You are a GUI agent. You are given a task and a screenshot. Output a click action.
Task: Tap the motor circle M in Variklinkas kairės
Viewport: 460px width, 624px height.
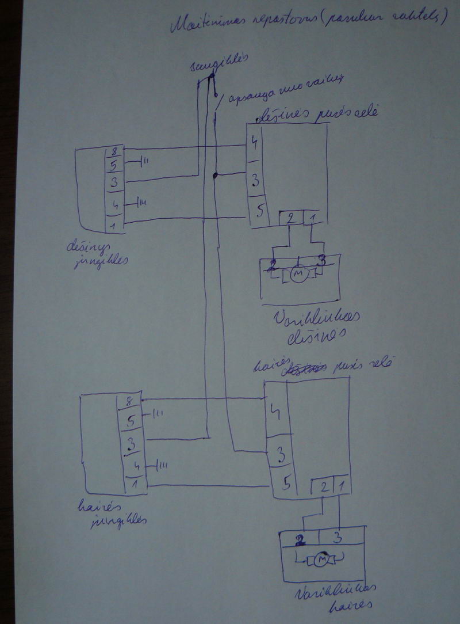click(323, 559)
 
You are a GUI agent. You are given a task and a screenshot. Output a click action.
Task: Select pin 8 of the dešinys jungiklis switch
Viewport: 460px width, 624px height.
click(114, 153)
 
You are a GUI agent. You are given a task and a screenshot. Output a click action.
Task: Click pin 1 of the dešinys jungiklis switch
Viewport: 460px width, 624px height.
click(114, 225)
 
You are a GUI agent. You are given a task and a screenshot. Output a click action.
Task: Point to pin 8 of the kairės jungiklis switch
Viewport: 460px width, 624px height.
click(129, 401)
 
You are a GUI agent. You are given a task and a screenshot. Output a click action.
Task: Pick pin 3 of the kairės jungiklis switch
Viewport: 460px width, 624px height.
click(131, 444)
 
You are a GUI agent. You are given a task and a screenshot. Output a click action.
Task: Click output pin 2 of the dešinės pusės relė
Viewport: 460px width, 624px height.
click(290, 218)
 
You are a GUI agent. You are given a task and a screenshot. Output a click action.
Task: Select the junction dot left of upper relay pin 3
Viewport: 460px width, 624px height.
click(214, 175)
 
